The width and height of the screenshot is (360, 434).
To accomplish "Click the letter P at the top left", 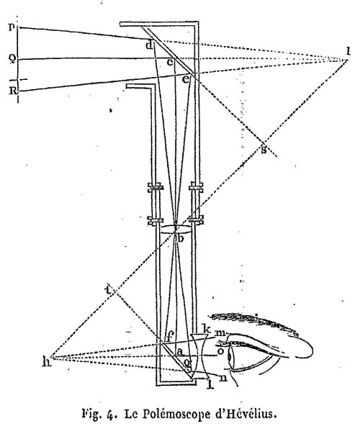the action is (12, 27).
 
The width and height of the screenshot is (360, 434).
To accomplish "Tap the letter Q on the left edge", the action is (12, 59).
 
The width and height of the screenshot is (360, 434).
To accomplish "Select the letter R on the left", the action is (13, 91).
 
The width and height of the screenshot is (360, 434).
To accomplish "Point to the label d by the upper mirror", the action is (149, 45).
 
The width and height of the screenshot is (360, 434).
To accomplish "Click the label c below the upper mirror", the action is (170, 63).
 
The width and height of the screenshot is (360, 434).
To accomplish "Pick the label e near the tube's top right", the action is (186, 79).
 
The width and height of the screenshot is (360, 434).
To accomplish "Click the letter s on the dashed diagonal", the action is (264, 150).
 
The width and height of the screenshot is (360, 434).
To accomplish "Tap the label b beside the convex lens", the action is (180, 238).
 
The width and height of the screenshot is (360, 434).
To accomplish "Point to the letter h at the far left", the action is (47, 361).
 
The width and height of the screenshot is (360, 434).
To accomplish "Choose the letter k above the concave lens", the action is (207, 329).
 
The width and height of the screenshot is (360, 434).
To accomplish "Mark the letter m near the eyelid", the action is (220, 333).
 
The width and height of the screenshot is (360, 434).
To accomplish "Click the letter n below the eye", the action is (222, 378).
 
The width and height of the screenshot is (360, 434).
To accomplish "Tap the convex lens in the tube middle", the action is (176, 229).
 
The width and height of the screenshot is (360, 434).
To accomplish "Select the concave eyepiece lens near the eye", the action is (199, 356).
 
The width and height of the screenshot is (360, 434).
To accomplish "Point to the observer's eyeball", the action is (230, 357).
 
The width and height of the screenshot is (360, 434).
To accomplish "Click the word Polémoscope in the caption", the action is (175, 415).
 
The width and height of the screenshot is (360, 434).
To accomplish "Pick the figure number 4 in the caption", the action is (109, 415).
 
